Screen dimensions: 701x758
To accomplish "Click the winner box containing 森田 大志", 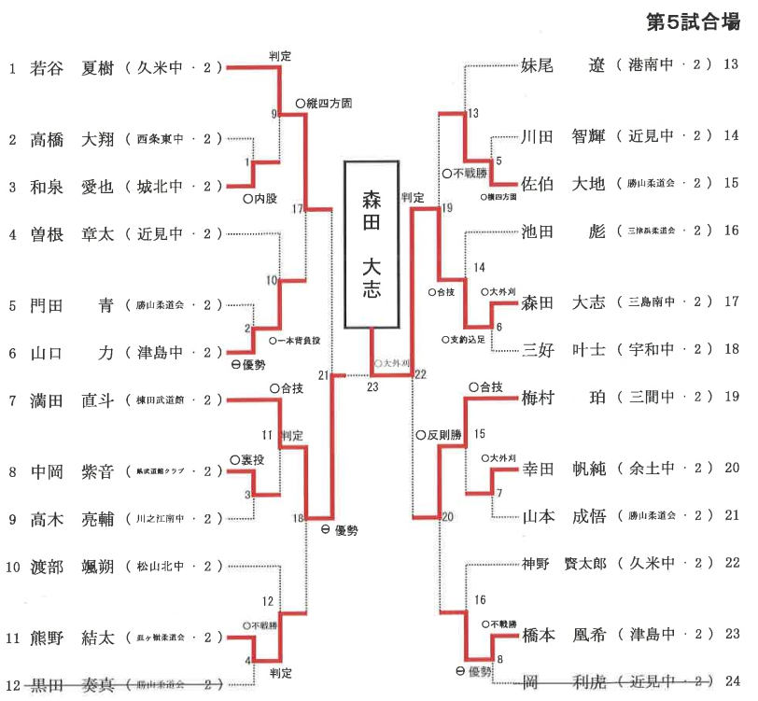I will point(372,244).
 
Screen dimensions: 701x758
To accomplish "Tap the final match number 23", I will point(373,386).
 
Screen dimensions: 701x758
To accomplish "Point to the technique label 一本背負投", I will point(299,342).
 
